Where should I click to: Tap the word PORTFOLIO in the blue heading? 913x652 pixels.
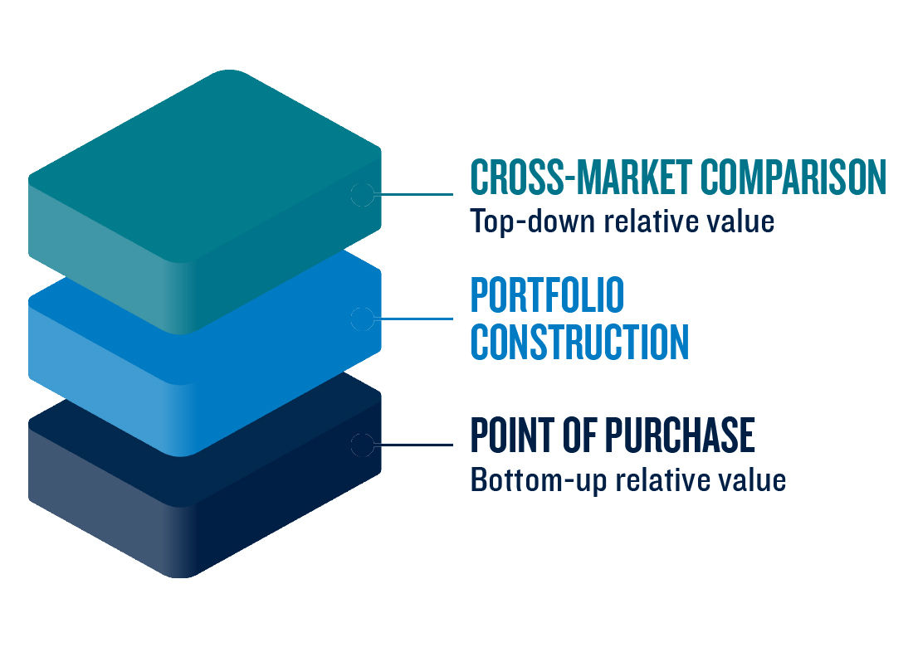tap(547, 296)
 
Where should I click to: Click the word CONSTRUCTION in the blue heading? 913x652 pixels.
tap(579, 342)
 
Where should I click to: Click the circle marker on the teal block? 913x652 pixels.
tap(362, 194)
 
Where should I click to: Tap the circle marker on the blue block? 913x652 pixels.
tap(362, 319)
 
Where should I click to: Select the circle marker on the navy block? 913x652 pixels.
tap(362, 445)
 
